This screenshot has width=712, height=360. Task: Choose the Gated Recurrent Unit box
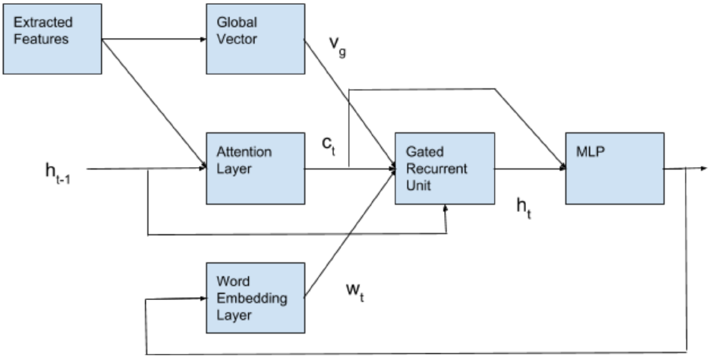444,169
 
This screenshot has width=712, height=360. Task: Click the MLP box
613,169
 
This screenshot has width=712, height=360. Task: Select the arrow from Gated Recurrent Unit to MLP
530,169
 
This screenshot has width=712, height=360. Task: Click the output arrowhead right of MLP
704,169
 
